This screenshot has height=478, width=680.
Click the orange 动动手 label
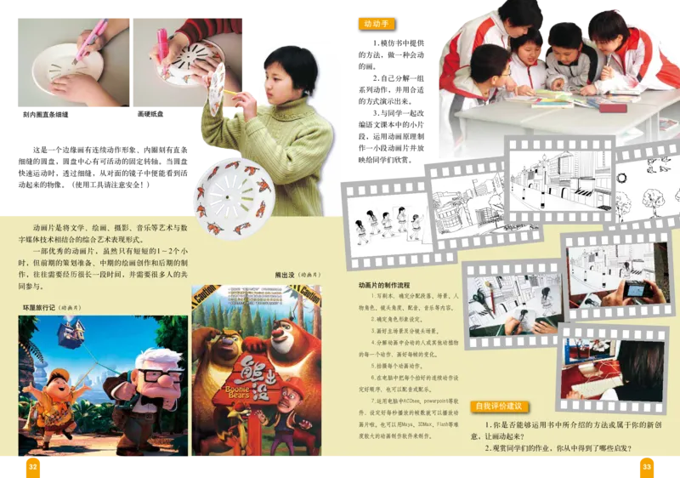[x=375, y=24]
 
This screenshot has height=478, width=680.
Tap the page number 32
[x=32, y=466]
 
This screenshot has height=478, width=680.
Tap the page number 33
[x=647, y=466]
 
